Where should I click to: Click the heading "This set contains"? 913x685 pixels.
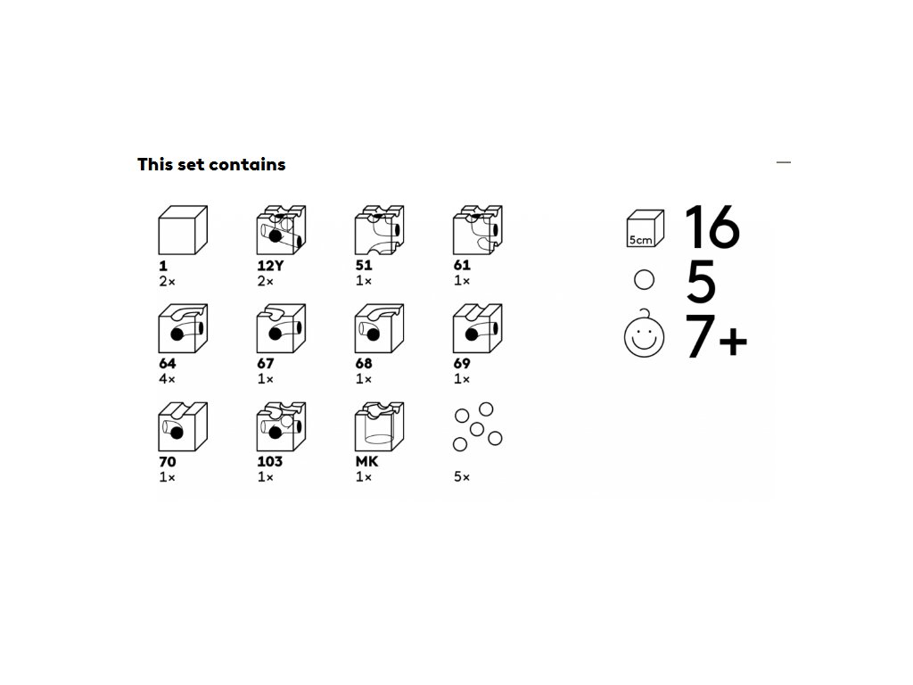click(x=211, y=165)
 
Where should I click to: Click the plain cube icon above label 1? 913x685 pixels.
click(x=183, y=230)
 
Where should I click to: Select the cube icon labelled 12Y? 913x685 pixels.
click(x=281, y=230)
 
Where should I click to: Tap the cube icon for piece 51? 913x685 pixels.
click(x=380, y=230)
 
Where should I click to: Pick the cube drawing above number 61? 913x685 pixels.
click(x=478, y=230)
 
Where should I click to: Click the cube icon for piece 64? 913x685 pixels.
click(x=183, y=328)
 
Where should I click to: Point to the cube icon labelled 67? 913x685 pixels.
click(x=281, y=328)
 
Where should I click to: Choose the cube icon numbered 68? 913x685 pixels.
click(x=380, y=328)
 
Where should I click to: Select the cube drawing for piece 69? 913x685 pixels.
click(x=478, y=328)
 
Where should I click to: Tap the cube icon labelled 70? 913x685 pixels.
click(x=183, y=427)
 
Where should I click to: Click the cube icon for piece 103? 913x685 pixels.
click(x=281, y=427)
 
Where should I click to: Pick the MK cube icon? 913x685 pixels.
click(x=380, y=427)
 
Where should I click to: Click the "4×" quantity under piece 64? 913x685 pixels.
click(x=167, y=379)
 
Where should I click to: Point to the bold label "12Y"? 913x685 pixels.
click(x=270, y=266)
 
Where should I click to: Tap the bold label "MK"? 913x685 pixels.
click(x=366, y=461)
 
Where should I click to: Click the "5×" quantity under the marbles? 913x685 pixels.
click(x=462, y=477)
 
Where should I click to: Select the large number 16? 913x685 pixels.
click(x=712, y=227)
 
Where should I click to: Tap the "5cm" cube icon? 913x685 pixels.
click(x=646, y=229)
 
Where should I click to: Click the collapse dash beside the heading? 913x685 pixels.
click(x=784, y=162)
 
